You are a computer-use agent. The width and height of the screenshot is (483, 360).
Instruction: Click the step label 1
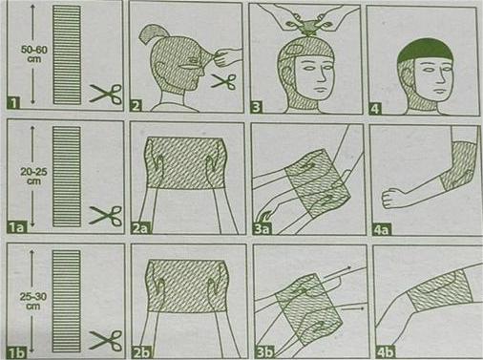coord(13,103)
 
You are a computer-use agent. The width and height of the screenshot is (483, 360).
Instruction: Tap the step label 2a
coord(140,228)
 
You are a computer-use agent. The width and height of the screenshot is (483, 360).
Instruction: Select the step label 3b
coord(264,352)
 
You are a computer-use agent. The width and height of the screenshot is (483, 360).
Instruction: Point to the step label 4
coord(375,109)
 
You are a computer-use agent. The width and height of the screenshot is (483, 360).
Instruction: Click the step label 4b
coord(385,352)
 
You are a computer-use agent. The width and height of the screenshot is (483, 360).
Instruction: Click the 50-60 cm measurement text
coord(34,54)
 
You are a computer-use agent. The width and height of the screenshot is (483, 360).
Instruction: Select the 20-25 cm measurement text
coord(33,177)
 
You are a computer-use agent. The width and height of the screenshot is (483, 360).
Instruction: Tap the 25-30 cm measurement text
coord(33,301)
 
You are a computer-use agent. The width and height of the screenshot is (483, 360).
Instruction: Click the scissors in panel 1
coord(106,94)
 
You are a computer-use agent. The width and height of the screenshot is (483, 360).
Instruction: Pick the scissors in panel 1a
coord(106,216)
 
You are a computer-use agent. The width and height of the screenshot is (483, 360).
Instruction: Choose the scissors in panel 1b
coord(106,341)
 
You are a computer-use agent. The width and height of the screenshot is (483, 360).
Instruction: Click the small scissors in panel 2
coord(223,81)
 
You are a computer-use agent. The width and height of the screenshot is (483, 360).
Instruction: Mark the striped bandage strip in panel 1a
coord(67,177)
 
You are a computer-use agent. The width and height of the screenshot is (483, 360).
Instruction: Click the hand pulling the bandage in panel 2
coord(227,55)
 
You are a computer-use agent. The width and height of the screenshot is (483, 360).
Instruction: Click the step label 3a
coord(261,228)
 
